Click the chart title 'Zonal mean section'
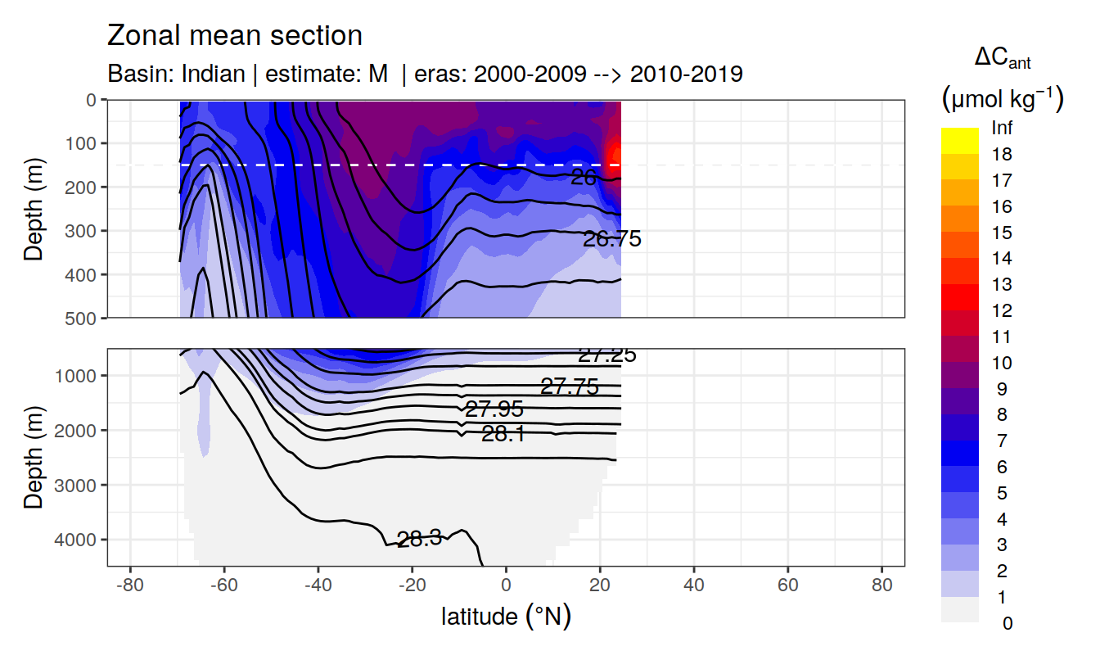pyautogui.click(x=234, y=36)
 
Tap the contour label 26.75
pyautogui.click(x=611, y=240)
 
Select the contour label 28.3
pyautogui.click(x=419, y=539)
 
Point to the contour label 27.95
pyautogui.click(x=494, y=409)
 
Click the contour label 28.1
pyautogui.click(x=503, y=435)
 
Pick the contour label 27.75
pyautogui.click(x=570, y=387)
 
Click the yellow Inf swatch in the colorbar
pyautogui.click(x=959, y=140)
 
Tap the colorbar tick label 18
pyautogui.click(x=1002, y=154)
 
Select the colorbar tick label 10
pyautogui.click(x=1002, y=363)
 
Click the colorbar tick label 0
pyautogui.click(x=1007, y=623)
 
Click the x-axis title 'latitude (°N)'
pyautogui.click(x=506, y=617)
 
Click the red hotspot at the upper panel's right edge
pyautogui.click(x=616, y=155)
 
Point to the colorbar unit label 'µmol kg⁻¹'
pyautogui.click(x=1002, y=100)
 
